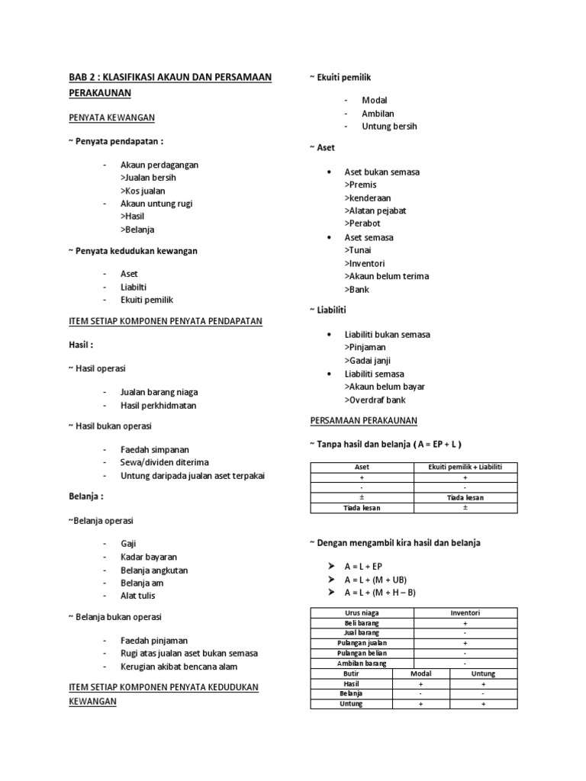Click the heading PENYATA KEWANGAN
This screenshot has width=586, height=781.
tap(111, 117)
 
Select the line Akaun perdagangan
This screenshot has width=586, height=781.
tap(159, 165)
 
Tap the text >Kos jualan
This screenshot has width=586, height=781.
tap(143, 191)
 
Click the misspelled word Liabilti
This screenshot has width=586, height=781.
tap(135, 287)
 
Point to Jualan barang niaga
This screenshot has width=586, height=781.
tap(159, 392)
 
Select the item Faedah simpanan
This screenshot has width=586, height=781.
tap(154, 449)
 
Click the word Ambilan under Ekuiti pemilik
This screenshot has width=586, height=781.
tap(378, 114)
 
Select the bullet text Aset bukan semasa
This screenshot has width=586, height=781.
tap(382, 172)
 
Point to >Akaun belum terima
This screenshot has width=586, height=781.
tap(386, 276)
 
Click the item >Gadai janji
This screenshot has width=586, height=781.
tap(367, 361)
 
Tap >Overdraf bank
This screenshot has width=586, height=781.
tap(375, 400)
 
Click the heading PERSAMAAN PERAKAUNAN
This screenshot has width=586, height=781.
tap(363, 421)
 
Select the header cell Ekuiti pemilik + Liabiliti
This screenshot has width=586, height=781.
tap(465, 467)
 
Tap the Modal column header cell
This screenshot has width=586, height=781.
tap(421, 674)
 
